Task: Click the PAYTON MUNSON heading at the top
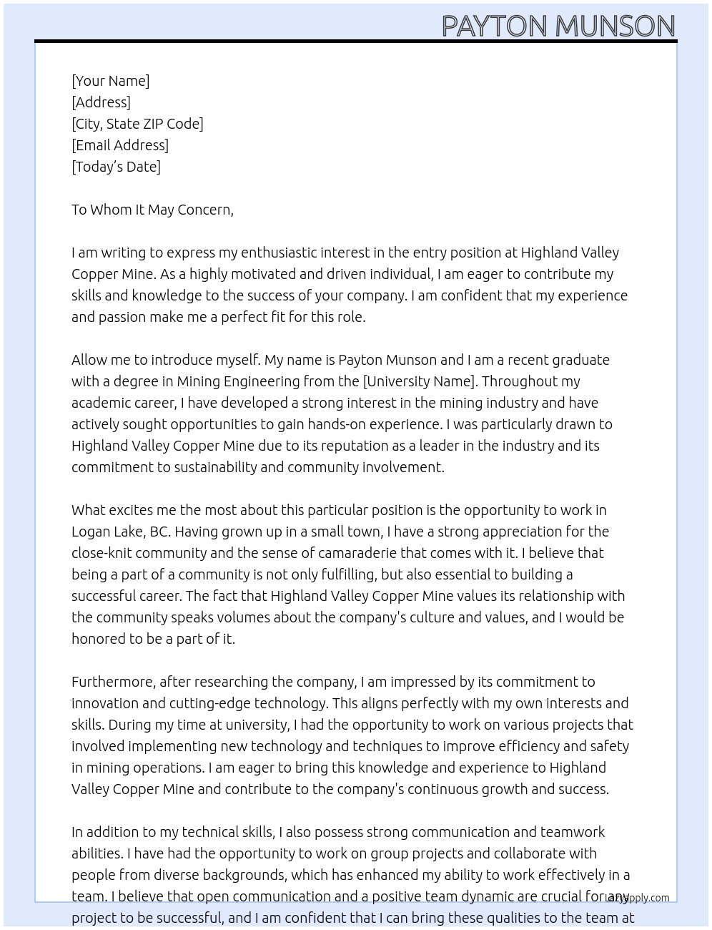pyautogui.click(x=558, y=26)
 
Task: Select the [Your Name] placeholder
pyautogui.click(x=110, y=81)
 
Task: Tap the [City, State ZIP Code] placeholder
pyautogui.click(x=137, y=124)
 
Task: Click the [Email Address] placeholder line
pyautogui.click(x=120, y=145)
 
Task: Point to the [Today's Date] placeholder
pyautogui.click(x=116, y=167)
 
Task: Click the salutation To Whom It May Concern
pyautogui.click(x=152, y=210)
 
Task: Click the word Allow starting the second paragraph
pyautogui.click(x=89, y=360)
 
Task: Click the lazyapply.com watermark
pyautogui.click(x=638, y=898)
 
